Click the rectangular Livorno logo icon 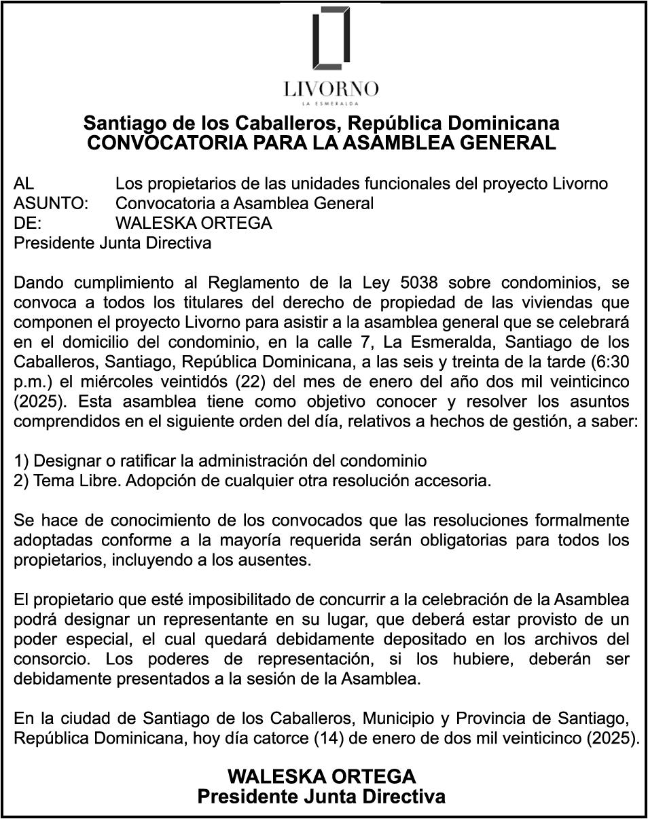[331, 39]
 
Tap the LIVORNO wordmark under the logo [331, 89]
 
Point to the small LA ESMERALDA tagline [331, 104]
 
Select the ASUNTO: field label [51, 203]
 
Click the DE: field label [28, 223]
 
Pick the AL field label [24, 183]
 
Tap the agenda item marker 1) [22, 460]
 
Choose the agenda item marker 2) [22, 481]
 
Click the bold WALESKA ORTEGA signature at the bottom [321, 776]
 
